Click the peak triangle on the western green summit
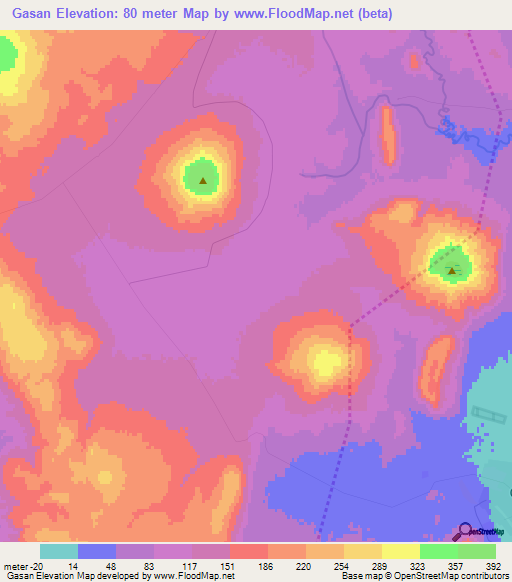[203, 181]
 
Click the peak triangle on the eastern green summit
[452, 269]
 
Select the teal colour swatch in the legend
[58, 551]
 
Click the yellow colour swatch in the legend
[400, 551]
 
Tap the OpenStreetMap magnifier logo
[467, 531]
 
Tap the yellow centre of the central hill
[325, 362]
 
